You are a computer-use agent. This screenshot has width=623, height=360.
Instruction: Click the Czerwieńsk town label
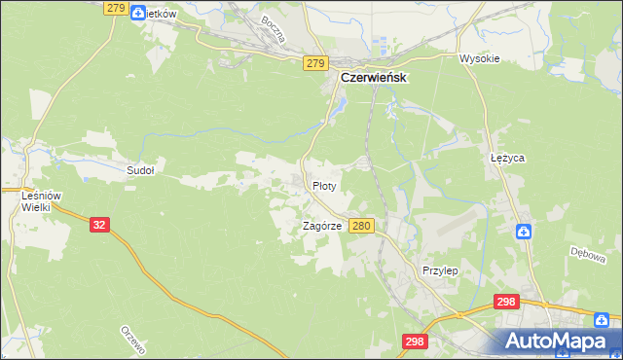pyautogui.click(x=373, y=77)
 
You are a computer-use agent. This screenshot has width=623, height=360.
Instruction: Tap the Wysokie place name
pyautogui.click(x=479, y=58)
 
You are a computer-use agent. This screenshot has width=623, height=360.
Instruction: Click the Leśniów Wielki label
pyautogui.click(x=41, y=200)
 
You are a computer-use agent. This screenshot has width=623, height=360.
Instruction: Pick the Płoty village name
pyautogui.click(x=324, y=185)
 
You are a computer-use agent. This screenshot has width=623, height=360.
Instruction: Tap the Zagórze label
pyautogui.click(x=321, y=226)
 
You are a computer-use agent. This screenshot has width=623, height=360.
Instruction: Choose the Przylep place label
pyautogui.click(x=440, y=270)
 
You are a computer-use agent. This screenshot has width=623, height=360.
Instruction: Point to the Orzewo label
pyautogui.click(x=131, y=342)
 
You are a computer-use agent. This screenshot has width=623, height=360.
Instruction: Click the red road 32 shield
pyautogui.click(x=98, y=224)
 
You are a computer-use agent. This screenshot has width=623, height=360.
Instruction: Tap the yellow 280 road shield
pyautogui.click(x=361, y=226)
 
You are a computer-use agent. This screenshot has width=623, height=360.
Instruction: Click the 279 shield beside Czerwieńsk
pyautogui.click(x=313, y=63)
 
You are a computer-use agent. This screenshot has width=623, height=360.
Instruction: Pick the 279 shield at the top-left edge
pyautogui.click(x=115, y=8)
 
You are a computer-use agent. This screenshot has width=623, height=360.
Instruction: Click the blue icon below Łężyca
pyautogui.click(x=524, y=232)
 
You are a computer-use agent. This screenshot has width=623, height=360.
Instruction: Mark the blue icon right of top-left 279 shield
pyautogui.click(x=138, y=14)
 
